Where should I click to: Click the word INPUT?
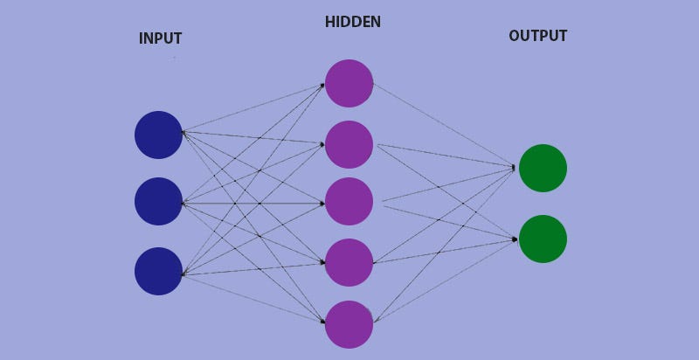(160, 38)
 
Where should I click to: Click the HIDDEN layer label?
(352, 22)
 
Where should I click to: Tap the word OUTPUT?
(537, 36)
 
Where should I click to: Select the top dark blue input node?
(158, 135)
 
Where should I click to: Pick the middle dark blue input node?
(158, 201)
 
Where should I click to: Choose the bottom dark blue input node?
(158, 271)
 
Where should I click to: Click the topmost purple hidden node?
(349, 83)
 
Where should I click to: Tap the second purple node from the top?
(349, 144)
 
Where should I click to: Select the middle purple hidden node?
(349, 201)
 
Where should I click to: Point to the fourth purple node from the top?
(349, 262)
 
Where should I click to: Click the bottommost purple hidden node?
(349, 324)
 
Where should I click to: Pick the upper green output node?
(543, 168)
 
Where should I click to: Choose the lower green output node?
(543, 239)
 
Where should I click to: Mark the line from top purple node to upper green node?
(444, 125)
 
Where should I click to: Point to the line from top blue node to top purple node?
(253, 107)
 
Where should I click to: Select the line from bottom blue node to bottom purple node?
(253, 299)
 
